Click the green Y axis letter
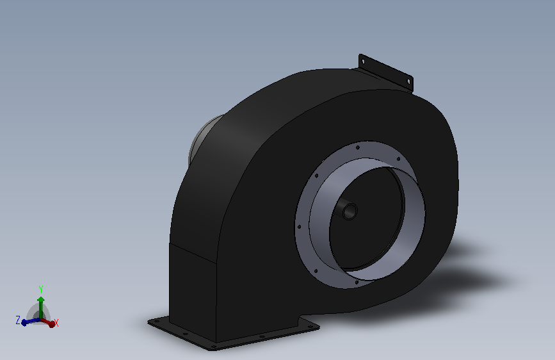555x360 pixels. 41,289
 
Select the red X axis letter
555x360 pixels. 56,323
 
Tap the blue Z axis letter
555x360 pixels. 18,320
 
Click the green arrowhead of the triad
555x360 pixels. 41,300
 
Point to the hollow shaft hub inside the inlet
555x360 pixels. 350,211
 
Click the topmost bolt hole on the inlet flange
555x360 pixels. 357,147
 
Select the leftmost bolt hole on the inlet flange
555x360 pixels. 300,227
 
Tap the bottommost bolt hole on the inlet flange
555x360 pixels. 357,282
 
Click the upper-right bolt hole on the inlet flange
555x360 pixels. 398,159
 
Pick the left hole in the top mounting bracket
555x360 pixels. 363,61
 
